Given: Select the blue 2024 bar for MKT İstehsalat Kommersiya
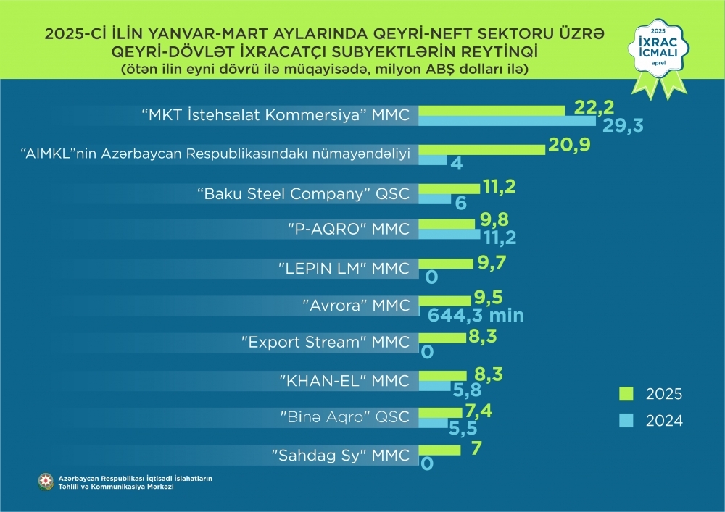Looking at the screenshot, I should pos(507,122).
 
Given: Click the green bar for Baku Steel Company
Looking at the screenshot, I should pos(449,188).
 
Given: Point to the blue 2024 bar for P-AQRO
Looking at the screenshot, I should pos(449,234).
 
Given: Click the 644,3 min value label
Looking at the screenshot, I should pos(476,315).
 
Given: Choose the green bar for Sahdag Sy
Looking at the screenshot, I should pos(439,450).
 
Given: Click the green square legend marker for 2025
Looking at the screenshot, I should pos(626,394).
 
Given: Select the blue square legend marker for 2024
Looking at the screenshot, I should pos(626,420).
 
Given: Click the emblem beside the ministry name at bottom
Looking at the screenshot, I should pos(46,482).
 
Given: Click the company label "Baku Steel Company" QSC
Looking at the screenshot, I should pos(304,194).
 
